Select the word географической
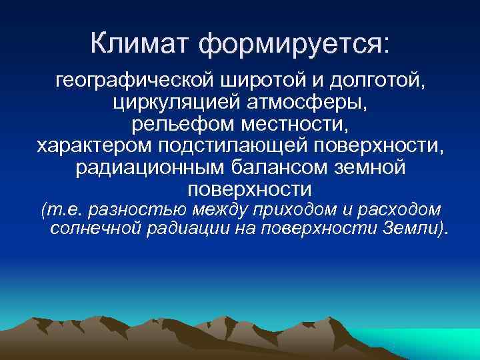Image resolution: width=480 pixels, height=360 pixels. (131, 84)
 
